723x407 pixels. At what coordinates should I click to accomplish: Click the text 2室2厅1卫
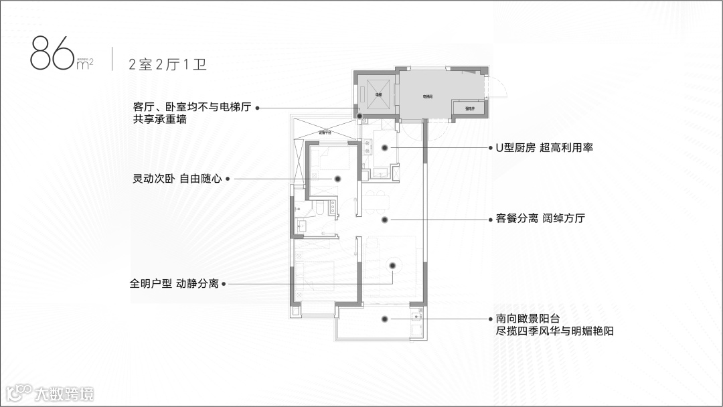coord(167,65)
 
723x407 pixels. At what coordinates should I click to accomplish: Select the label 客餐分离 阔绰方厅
coord(540,219)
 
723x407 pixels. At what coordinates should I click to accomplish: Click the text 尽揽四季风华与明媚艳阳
coord(554,331)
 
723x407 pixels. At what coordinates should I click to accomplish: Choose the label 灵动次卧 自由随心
coord(177,179)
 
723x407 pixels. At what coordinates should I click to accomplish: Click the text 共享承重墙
coord(160,119)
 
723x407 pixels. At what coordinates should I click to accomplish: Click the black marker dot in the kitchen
coord(384,147)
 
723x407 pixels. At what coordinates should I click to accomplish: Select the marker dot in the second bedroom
coord(339,179)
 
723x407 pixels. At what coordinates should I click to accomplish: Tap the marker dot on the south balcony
coord(384,319)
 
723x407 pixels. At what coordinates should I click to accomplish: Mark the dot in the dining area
coord(384,219)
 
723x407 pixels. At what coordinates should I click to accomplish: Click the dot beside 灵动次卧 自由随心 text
coord(228,179)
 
